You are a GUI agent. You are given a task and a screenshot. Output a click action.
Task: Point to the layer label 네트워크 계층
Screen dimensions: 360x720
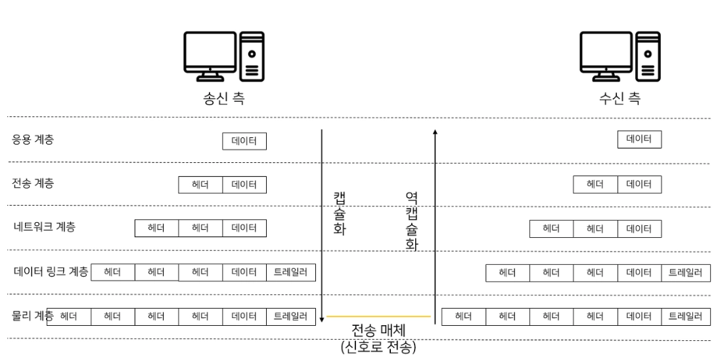pos(44,227)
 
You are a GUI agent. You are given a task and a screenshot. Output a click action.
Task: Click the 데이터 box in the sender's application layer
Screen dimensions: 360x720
pos(244,140)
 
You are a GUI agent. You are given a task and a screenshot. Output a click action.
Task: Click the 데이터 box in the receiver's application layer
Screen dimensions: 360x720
pos(639,139)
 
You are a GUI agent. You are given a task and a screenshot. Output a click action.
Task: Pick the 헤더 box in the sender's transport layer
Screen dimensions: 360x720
pos(200,185)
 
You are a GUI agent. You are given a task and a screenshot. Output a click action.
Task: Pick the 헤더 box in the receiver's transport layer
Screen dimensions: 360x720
pos(595,185)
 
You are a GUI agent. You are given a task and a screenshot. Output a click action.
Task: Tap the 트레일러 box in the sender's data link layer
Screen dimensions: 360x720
pos(291,272)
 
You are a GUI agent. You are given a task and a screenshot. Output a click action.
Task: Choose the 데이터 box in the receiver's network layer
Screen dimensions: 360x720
pos(639,229)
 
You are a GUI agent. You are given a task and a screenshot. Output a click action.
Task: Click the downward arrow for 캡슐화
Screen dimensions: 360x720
pos(322,223)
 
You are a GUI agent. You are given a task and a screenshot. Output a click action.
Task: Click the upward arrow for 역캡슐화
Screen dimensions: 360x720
pos(435,223)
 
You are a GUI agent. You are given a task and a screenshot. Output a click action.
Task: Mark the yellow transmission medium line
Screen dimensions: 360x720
pos(379,317)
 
